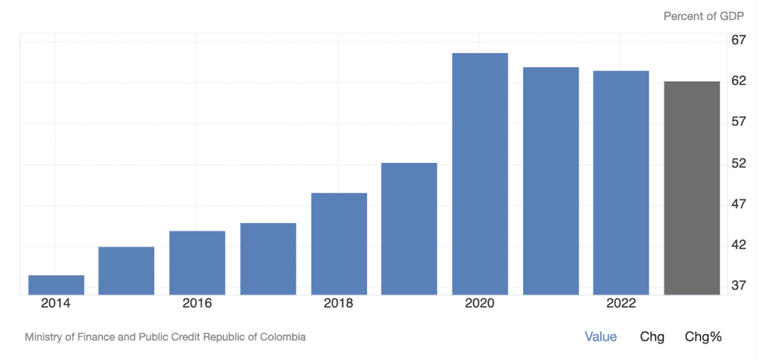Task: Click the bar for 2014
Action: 56,285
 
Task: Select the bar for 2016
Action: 197,263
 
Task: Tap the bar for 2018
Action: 339,244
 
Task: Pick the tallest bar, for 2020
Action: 480,174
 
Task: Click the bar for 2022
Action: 621,183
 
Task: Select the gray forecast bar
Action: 692,188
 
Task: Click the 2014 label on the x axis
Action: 56,304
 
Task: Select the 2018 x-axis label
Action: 339,304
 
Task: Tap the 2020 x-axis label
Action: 480,304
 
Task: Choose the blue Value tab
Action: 600,337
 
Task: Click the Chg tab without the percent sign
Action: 652,337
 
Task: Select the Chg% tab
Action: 703,337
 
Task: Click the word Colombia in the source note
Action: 282,337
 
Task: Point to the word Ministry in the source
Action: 44,337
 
